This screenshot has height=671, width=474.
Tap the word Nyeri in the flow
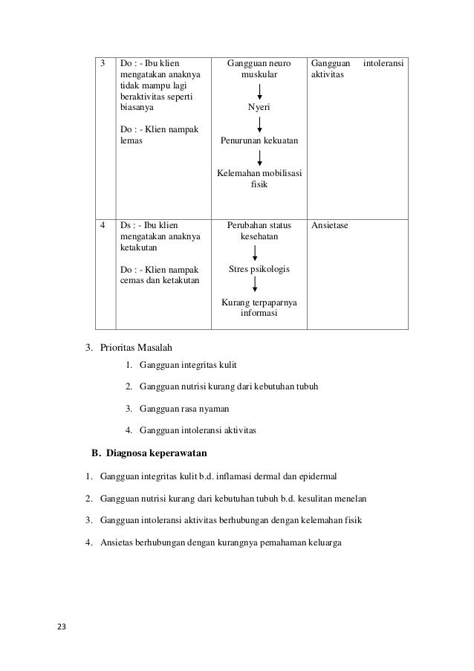coord(259,108)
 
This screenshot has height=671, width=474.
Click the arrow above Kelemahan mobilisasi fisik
coord(259,157)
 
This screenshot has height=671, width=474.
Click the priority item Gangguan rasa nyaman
coord(184,408)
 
